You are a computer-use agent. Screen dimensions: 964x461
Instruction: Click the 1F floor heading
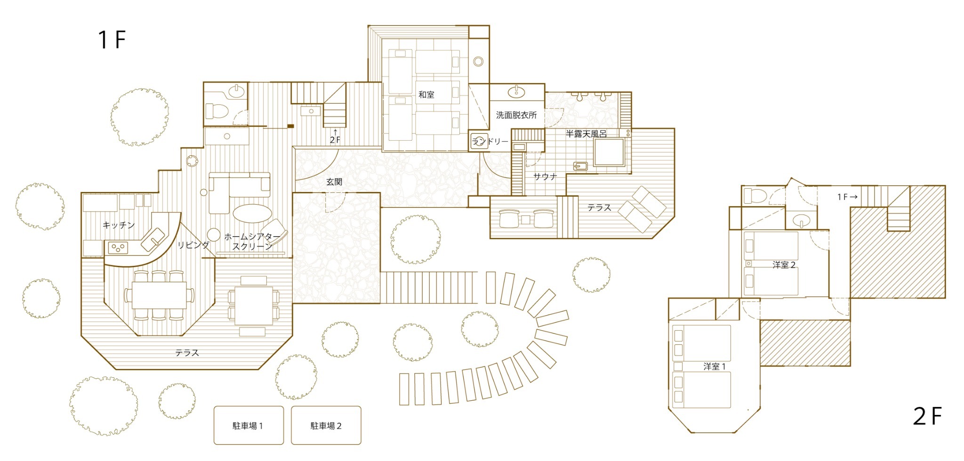112,40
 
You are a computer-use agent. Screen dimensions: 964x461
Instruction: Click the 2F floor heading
927,416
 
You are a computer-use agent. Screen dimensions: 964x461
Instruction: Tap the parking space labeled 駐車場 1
249,425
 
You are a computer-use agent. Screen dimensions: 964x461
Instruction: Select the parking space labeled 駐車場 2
326,425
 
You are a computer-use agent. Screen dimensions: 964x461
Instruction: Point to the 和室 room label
426,95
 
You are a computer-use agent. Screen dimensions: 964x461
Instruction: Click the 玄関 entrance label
334,182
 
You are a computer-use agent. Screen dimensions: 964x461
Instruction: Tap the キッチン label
119,225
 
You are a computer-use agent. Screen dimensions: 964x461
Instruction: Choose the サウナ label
545,176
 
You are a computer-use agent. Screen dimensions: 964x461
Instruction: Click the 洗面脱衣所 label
516,115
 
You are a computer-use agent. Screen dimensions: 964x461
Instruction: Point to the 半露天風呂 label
586,134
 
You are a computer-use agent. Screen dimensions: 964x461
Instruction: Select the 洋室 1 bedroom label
715,366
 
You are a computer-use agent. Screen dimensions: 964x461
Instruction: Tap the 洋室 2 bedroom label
784,265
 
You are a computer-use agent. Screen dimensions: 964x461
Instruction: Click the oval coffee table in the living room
253,213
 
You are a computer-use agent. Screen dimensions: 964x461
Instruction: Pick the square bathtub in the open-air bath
609,152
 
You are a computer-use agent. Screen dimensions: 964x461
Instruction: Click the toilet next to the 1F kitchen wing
217,111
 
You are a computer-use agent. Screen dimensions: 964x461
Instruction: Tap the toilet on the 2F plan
756,195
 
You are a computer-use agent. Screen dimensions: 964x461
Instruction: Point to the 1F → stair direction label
847,197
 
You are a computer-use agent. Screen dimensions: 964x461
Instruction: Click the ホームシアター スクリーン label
252,241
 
